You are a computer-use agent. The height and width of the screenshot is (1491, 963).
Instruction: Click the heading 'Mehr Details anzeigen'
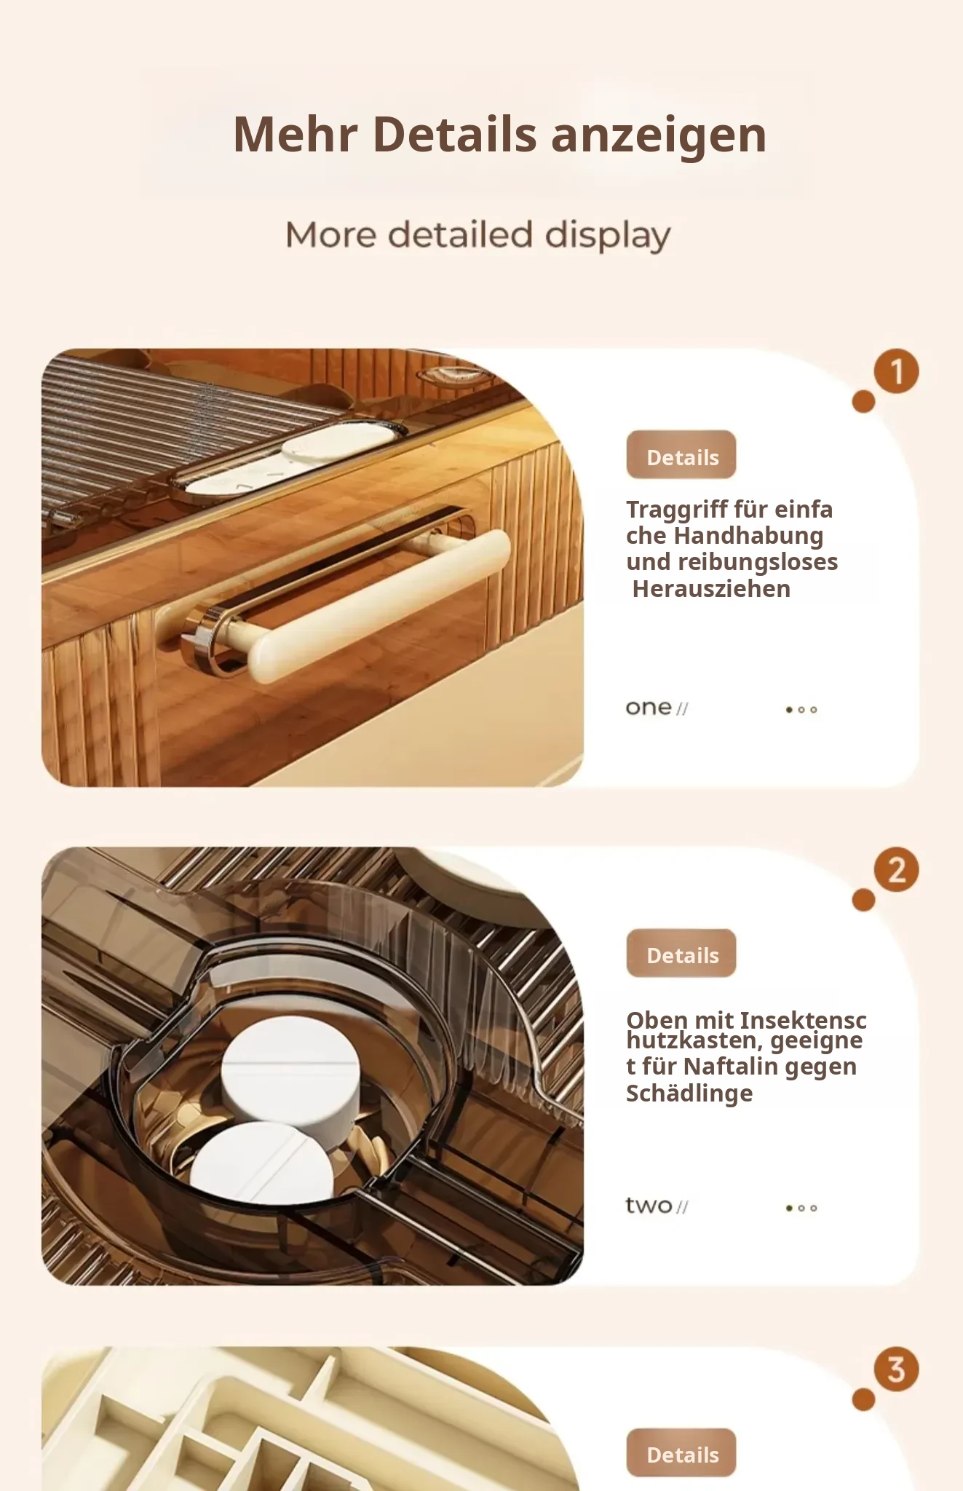499,135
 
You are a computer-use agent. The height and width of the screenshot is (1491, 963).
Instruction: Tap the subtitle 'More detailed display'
478,235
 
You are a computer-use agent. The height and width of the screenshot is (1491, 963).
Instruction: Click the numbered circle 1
896,371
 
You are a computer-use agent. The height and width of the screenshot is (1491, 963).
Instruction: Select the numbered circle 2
896,870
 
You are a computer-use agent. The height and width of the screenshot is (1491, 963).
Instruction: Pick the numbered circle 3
896,1369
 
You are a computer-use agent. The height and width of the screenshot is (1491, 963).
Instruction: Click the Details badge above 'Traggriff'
681,455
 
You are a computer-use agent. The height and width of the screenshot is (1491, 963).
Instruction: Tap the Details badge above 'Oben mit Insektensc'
681,953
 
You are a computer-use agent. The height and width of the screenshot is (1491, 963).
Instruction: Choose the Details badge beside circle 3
681,1452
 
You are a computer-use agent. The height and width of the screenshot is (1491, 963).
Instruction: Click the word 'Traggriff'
676,510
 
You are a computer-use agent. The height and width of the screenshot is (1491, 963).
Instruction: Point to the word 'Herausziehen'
711,588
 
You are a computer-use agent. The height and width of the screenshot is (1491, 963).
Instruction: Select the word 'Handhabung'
748,536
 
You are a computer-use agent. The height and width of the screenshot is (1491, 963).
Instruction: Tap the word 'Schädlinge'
689,1093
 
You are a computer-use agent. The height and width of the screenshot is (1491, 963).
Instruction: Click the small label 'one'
649,708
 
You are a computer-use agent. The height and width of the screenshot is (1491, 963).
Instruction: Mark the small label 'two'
649,1206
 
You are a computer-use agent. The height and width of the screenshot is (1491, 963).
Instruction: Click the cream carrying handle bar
379,606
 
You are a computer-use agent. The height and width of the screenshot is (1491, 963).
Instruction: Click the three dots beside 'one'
801,710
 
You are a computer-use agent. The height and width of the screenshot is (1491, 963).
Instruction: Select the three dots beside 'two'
801,1208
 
